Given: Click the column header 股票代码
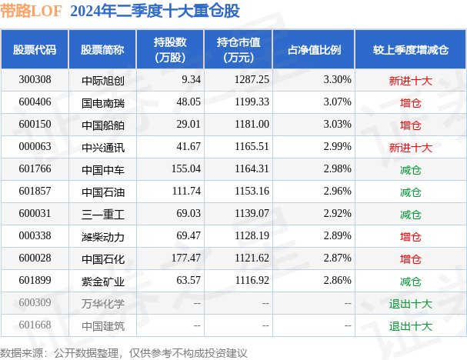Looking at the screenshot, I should (x=35, y=49).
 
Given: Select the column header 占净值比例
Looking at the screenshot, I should (x=314, y=49).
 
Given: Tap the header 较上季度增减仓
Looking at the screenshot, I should (x=411, y=49).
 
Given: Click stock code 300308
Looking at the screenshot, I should (x=35, y=79).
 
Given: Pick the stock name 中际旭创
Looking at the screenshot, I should (x=102, y=79).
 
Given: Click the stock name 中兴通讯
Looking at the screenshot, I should (x=102, y=146).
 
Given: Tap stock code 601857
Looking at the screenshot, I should (x=35, y=191).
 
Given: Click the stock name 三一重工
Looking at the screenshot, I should (x=102, y=214).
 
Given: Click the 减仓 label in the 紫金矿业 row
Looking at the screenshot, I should (x=411, y=281).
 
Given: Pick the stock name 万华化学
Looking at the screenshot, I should (x=102, y=303).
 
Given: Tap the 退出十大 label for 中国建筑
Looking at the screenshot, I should (x=411, y=325).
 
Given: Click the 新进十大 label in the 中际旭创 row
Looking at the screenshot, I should (x=411, y=79).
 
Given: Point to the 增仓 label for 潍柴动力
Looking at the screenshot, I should (x=411, y=236).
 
